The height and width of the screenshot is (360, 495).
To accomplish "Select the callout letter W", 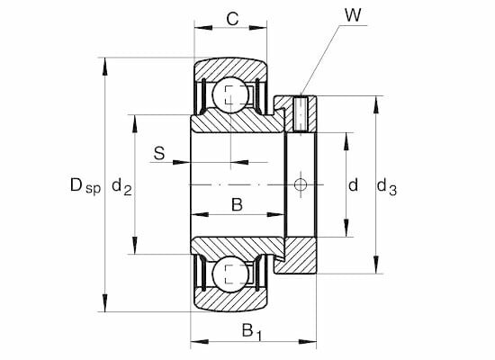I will pyautogui.click(x=350, y=15).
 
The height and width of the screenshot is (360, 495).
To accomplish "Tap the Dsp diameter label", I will pyautogui.click(x=85, y=187).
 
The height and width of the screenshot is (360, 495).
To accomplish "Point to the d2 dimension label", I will pyautogui.click(x=122, y=187).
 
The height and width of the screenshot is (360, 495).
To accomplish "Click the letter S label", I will pyautogui.click(x=158, y=154).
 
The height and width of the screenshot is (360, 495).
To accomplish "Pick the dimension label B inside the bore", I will pyautogui.click(x=237, y=204).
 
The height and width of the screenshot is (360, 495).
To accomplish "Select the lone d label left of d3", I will pyautogui.click(x=354, y=185).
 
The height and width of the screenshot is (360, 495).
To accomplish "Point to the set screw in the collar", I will pyautogui.click(x=301, y=112).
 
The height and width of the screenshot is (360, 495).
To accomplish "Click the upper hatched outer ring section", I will pyautogui.click(x=230, y=67).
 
